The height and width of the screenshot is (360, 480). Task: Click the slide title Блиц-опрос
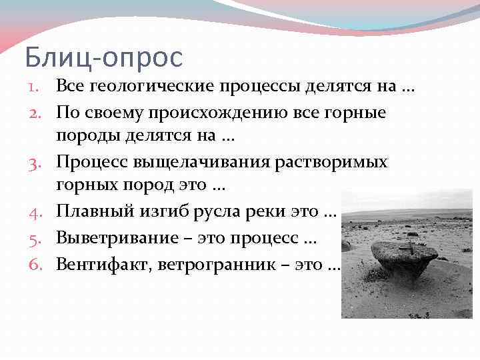(x=103, y=58)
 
